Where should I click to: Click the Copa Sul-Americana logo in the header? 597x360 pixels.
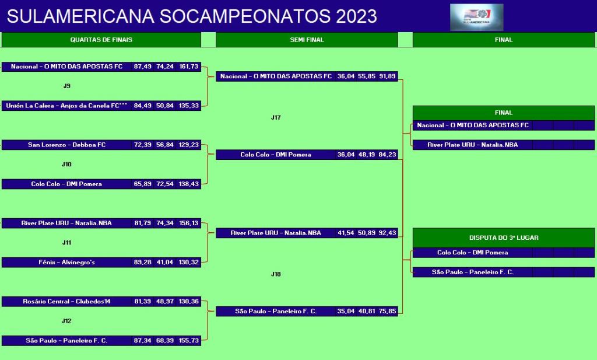(x=477, y=17)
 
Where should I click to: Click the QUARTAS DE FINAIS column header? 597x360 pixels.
(x=101, y=40)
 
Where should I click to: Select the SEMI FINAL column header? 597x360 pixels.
(x=307, y=40)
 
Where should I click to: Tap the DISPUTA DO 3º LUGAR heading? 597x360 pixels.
(x=504, y=237)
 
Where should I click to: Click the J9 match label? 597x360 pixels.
(x=66, y=86)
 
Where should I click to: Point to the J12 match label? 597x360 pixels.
(x=66, y=321)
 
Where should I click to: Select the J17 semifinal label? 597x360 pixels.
(x=276, y=118)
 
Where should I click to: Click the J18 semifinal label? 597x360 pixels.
(x=276, y=274)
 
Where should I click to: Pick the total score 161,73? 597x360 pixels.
(x=189, y=67)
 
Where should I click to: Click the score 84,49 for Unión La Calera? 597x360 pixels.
(x=142, y=106)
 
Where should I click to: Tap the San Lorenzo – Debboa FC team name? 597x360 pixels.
(x=66, y=145)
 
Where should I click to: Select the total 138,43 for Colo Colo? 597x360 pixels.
(x=189, y=184)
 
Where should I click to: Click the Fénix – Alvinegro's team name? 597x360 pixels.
(x=66, y=263)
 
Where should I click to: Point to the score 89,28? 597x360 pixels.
(x=142, y=263)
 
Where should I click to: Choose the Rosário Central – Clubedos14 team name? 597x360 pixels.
(x=66, y=302)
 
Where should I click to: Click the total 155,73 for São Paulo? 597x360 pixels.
(x=189, y=341)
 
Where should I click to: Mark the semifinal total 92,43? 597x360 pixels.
(x=387, y=233)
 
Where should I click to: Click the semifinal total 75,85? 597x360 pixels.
(x=387, y=312)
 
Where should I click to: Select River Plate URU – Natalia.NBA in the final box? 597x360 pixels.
(x=472, y=145)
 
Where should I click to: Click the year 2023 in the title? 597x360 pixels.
(x=356, y=16)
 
